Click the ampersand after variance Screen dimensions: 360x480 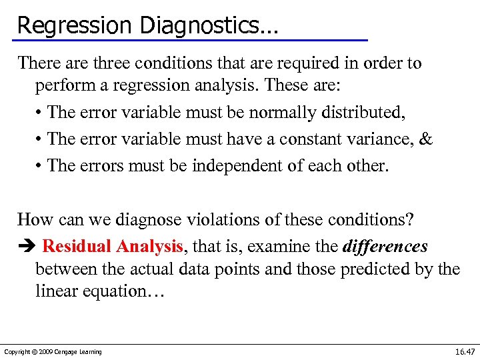(x=427, y=139)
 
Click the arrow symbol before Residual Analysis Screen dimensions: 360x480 (x=25, y=247)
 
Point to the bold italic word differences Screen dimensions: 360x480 (x=385, y=246)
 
